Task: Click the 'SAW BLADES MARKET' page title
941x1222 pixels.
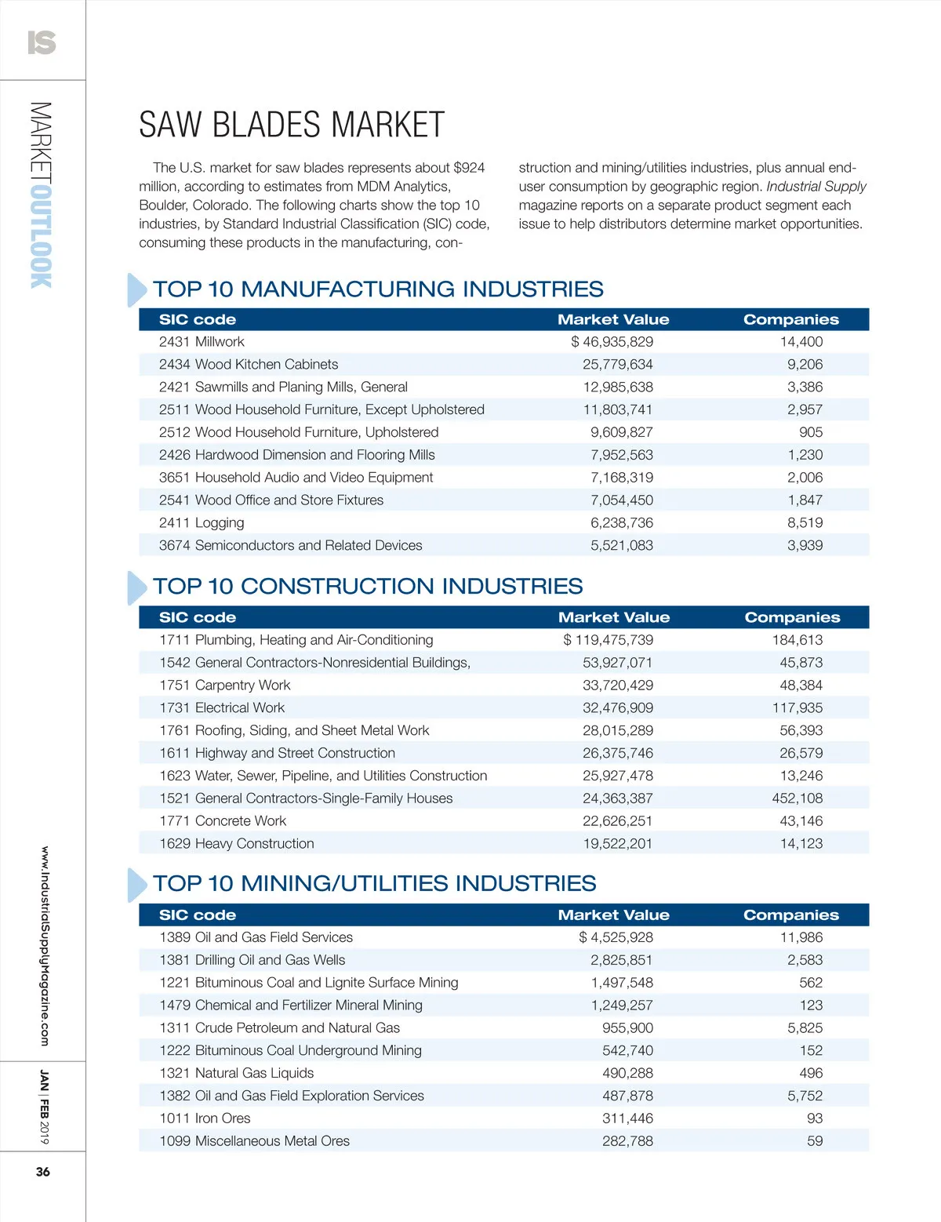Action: pyautogui.click(x=292, y=125)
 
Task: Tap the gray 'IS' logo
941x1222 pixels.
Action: pyautogui.click(x=42, y=42)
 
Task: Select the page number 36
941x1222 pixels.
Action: pyautogui.click(x=42, y=1172)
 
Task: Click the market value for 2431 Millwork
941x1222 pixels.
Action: pyautogui.click(x=612, y=342)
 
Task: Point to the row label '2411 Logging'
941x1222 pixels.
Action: pyautogui.click(x=202, y=523)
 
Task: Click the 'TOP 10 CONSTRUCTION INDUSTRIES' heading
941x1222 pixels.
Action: pyautogui.click(x=368, y=587)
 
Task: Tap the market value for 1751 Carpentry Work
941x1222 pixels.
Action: pyautogui.click(x=617, y=686)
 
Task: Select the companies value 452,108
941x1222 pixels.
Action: pyautogui.click(x=797, y=798)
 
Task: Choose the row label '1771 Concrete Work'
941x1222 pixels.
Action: pyautogui.click(x=223, y=821)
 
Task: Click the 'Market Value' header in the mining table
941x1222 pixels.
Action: pyautogui.click(x=613, y=915)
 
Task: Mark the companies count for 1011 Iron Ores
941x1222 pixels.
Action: pyautogui.click(x=815, y=1118)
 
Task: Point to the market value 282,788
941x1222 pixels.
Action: pyautogui.click(x=627, y=1141)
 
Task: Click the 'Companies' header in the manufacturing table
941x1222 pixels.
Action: pyautogui.click(x=790, y=320)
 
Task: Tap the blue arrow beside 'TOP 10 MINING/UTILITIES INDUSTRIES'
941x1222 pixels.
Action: pyautogui.click(x=136, y=885)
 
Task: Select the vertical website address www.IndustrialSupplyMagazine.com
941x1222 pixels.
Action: pyautogui.click(x=44, y=946)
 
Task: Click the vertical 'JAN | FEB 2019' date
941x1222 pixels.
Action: pyautogui.click(x=44, y=1107)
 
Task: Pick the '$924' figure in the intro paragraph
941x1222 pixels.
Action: pyautogui.click(x=469, y=168)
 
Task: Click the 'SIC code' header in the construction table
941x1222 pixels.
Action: pyautogui.click(x=198, y=618)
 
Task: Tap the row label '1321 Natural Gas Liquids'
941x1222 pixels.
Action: pyautogui.click(x=236, y=1073)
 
